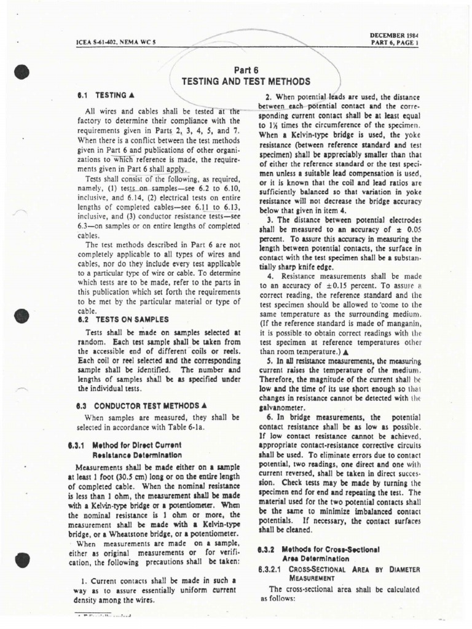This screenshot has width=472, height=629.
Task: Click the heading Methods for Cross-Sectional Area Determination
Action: [x=326, y=553]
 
